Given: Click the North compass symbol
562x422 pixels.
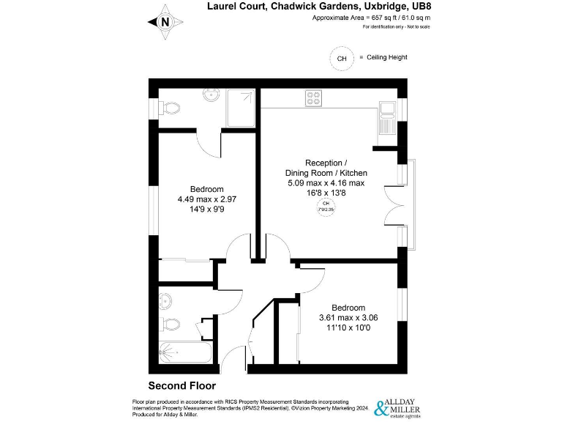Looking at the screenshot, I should (165, 21).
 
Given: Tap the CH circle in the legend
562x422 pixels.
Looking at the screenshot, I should (341, 58).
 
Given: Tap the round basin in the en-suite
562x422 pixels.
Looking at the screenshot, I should (211, 95).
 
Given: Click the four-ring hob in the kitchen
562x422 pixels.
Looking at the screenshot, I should (315, 97).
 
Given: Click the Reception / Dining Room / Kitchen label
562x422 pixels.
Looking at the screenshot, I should (326, 172).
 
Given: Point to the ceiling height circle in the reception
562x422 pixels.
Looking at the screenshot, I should (326, 207).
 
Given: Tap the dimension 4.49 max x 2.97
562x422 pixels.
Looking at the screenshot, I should (206, 199).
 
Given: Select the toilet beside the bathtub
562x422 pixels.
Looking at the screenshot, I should (169, 323).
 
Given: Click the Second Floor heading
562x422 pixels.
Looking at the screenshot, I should (181, 385).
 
